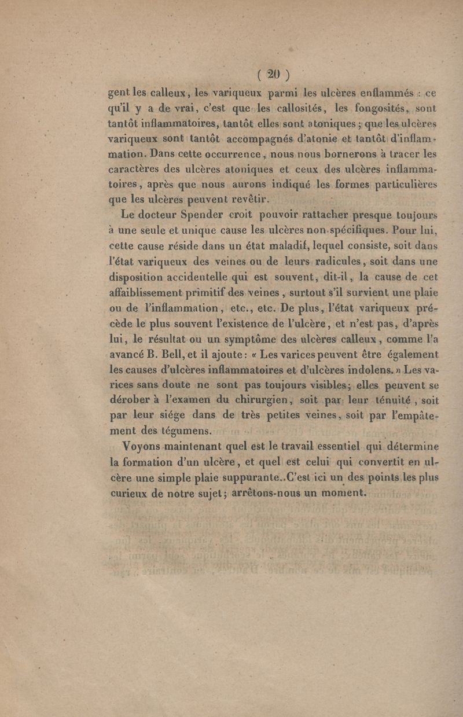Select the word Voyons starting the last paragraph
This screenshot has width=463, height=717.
pyautogui.click(x=143, y=446)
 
